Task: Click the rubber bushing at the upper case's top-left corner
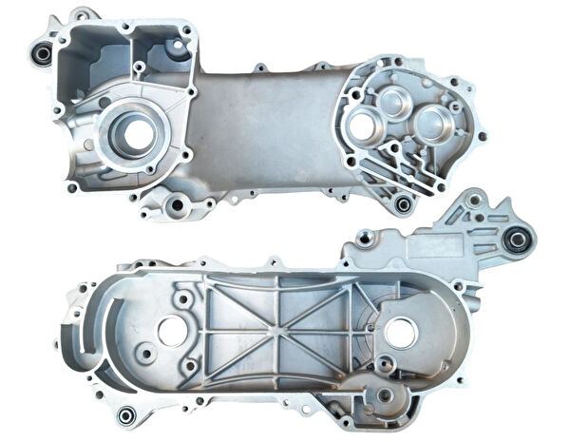42,53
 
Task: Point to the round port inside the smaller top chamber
174,46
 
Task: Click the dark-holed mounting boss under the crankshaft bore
176,203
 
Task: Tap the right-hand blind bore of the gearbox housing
434,124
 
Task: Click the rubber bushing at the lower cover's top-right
517,239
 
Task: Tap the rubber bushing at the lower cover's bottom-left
126,414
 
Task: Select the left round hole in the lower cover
173,331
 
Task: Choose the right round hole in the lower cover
400,331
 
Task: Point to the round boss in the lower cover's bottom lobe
385,394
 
